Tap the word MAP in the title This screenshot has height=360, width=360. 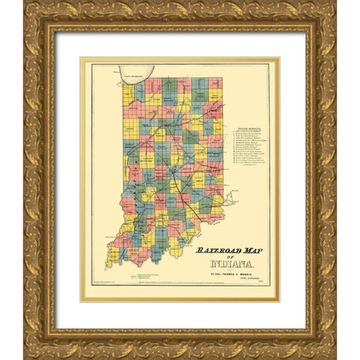pyautogui.click(x=248, y=250)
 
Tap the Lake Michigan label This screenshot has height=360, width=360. pyautogui.click(x=136, y=67)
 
